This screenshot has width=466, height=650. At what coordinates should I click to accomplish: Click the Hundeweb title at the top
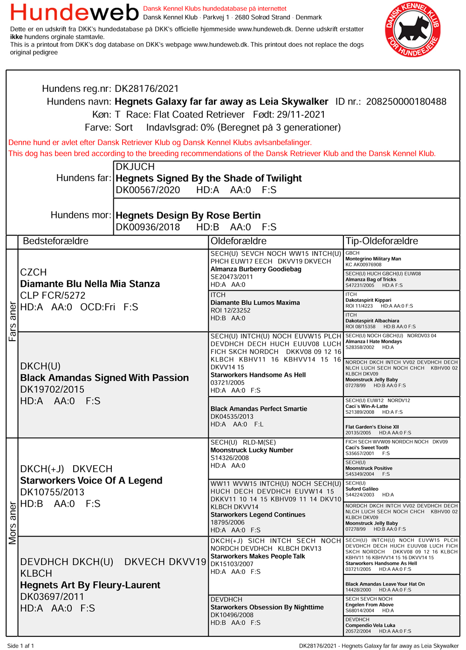(x=75, y=13)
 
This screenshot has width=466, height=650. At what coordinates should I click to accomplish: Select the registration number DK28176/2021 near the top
(x=147, y=89)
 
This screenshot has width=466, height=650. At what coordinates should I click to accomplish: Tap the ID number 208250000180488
(x=406, y=102)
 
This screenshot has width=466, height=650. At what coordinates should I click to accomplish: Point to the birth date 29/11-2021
(x=302, y=115)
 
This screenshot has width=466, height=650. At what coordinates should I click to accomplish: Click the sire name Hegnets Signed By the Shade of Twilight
(x=208, y=178)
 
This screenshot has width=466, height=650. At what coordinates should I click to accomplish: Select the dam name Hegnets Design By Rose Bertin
(x=188, y=216)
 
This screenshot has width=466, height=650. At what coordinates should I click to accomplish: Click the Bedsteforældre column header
(x=55, y=241)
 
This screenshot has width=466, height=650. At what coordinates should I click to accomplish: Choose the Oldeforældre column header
(x=239, y=241)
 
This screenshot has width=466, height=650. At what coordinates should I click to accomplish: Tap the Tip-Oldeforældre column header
(x=382, y=241)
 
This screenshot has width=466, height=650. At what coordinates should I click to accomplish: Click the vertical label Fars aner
(x=13, y=322)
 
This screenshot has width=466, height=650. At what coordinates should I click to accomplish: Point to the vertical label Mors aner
(x=13, y=523)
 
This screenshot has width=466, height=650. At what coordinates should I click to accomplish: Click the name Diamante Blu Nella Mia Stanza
(x=90, y=284)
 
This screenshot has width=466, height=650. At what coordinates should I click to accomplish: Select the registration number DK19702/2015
(x=52, y=390)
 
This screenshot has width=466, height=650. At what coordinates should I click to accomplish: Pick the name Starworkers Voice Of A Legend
(x=91, y=481)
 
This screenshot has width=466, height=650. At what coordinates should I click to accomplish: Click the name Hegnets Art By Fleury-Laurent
(x=90, y=585)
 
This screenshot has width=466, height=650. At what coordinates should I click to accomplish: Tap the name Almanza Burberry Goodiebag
(x=256, y=269)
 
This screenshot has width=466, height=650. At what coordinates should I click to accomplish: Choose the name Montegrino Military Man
(x=373, y=259)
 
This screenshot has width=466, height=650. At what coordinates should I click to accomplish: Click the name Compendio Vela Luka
(x=370, y=625)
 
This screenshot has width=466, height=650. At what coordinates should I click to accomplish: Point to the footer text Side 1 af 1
(x=21, y=646)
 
